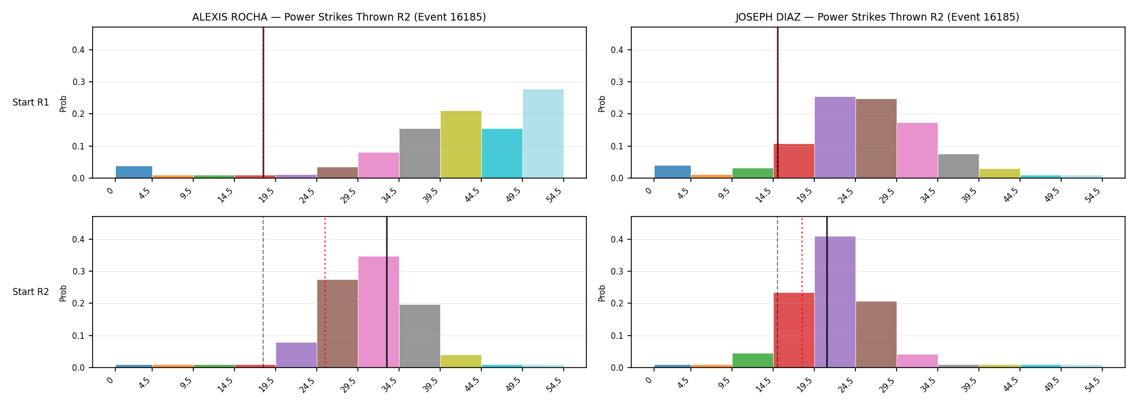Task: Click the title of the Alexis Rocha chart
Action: [x=339, y=17]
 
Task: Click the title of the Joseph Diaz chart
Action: [x=877, y=17]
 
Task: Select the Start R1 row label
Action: [x=31, y=102]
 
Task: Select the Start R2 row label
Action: [x=31, y=292]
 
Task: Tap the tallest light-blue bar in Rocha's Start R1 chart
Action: [x=543, y=134]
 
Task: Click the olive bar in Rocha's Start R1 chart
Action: [x=461, y=145]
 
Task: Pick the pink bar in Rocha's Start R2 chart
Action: [x=378, y=312]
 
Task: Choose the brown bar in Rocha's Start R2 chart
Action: [x=337, y=324]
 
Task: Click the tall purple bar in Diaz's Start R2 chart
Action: [x=835, y=302]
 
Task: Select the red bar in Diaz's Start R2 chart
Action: [x=794, y=330]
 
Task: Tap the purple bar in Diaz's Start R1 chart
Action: [x=835, y=137]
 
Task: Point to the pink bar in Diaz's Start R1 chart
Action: [x=917, y=150]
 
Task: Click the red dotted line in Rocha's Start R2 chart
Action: [x=325, y=292]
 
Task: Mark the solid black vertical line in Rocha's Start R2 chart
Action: [x=387, y=292]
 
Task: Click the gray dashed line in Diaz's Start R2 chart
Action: [x=777, y=292]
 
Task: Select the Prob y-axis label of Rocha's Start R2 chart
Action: [x=63, y=293]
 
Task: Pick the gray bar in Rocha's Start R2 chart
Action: [x=420, y=336]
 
